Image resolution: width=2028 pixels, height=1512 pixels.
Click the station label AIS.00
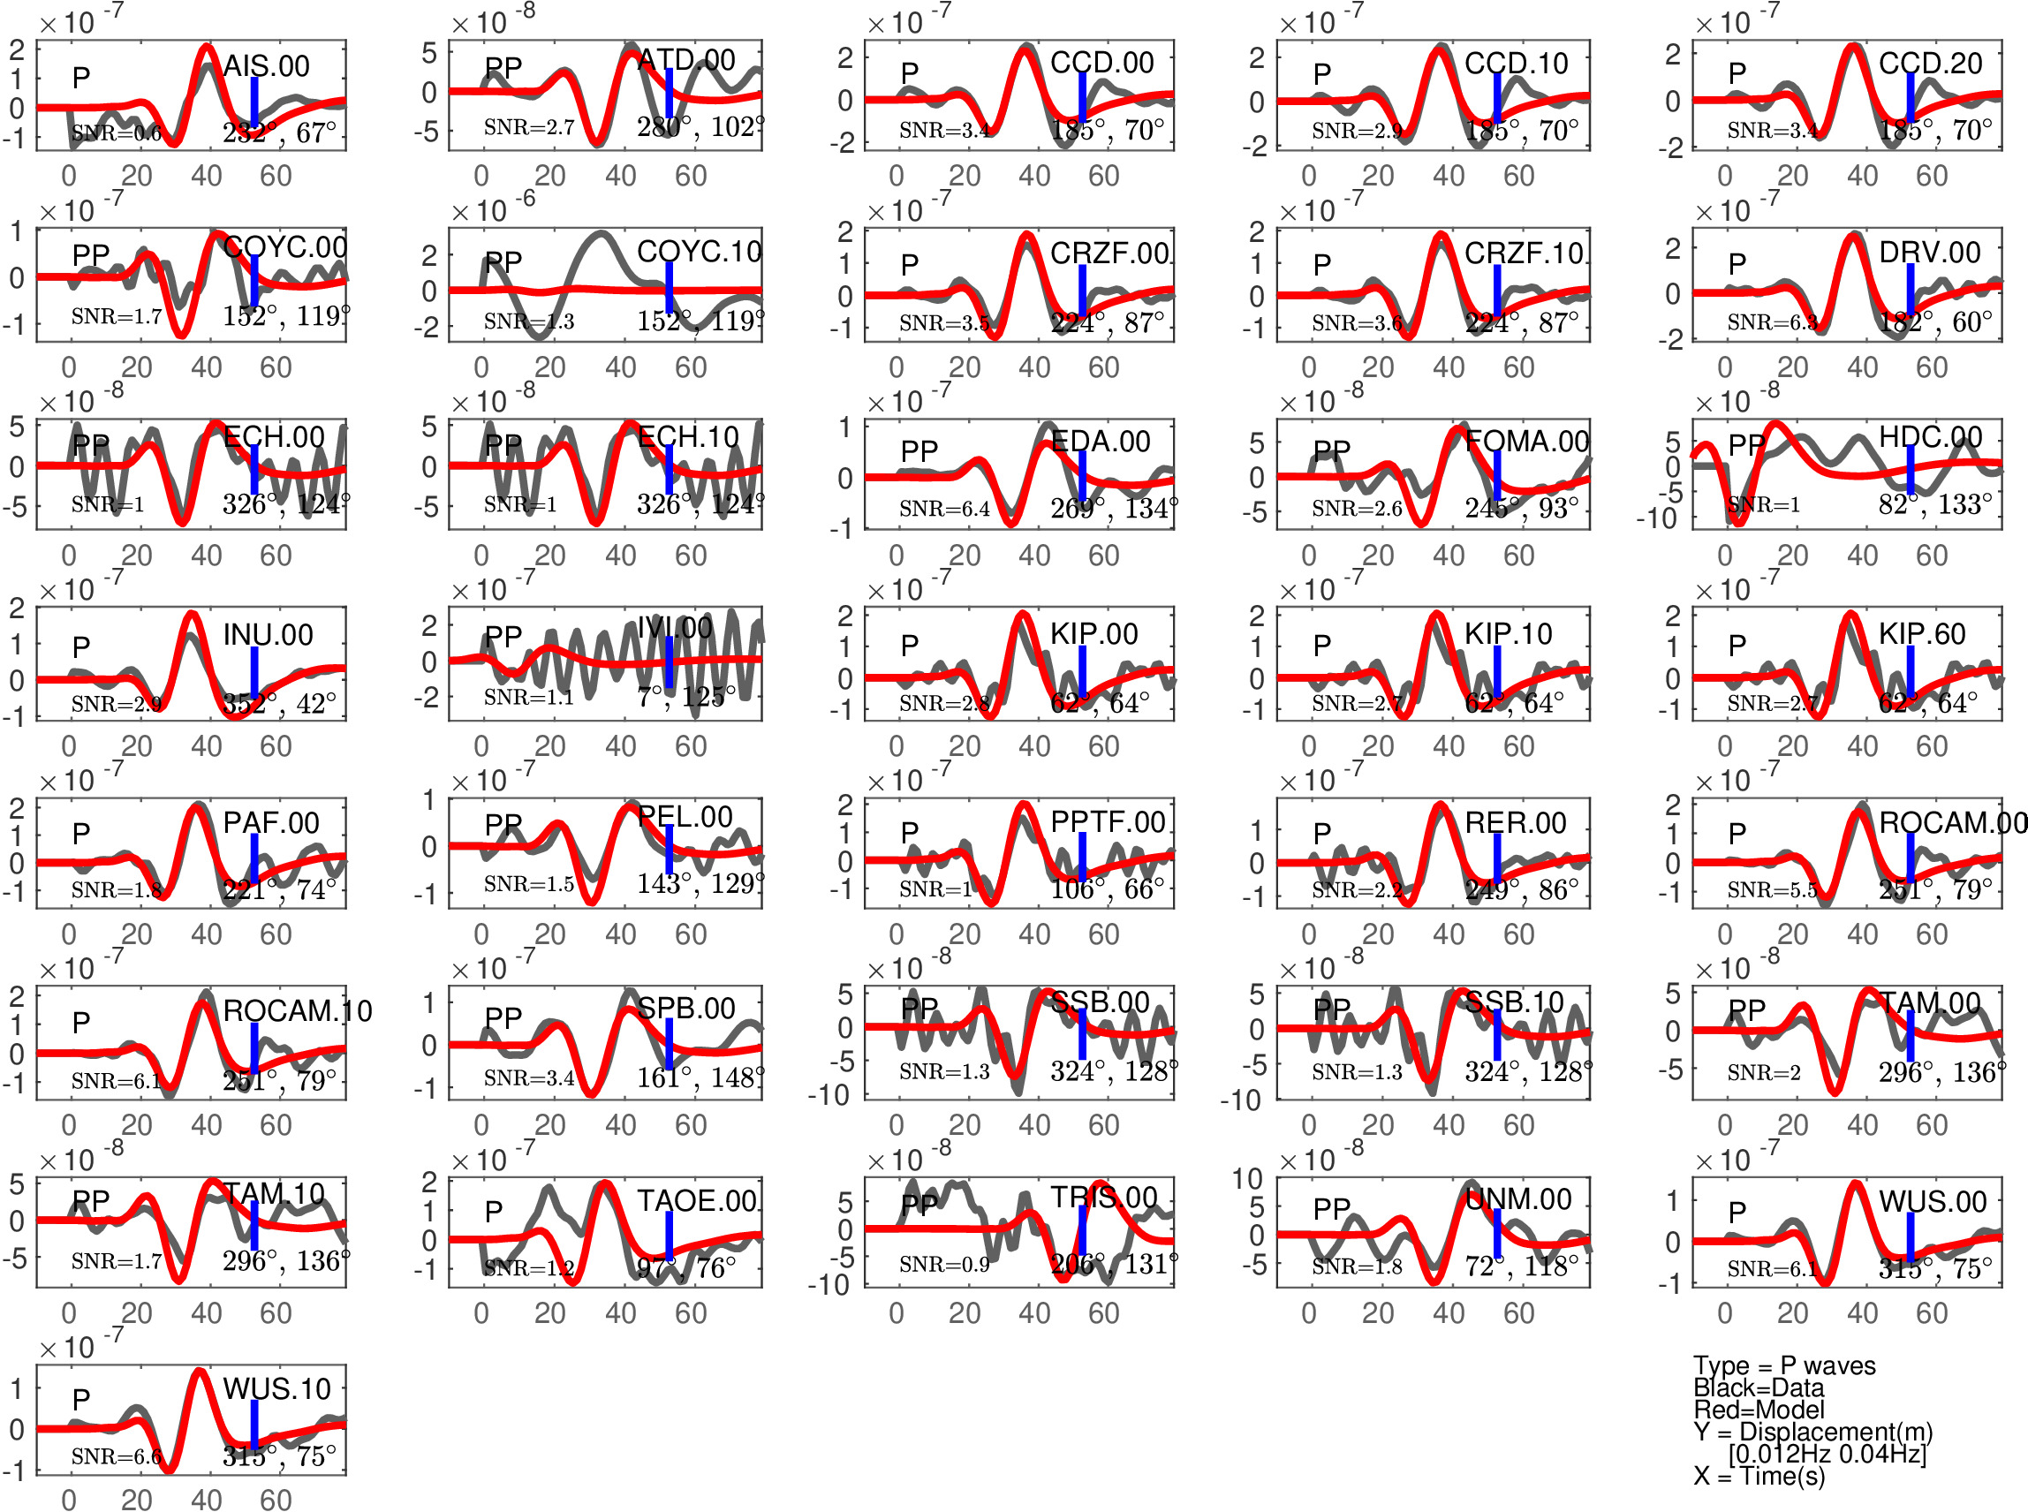267,66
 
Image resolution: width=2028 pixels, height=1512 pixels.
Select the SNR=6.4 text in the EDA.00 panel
944,508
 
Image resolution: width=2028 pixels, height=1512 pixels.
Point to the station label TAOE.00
698,1201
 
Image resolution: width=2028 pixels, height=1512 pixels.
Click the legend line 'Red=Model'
1758,1410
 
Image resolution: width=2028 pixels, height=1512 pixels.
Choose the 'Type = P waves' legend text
1783,1365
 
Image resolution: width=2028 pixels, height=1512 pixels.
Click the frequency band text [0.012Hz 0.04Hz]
1827,1454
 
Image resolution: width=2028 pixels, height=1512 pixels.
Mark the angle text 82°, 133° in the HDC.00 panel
1934,504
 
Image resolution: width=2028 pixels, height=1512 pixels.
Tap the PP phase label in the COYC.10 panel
503,262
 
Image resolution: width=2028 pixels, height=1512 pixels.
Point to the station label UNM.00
1518,1199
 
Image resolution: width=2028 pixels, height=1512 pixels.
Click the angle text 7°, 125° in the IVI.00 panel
686,698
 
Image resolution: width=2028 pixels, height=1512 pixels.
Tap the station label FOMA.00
1526,442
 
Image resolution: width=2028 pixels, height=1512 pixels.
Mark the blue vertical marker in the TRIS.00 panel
1082,1230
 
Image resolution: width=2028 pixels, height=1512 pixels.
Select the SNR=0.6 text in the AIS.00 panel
117,133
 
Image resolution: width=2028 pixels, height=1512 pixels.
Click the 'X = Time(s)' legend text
1759,1476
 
